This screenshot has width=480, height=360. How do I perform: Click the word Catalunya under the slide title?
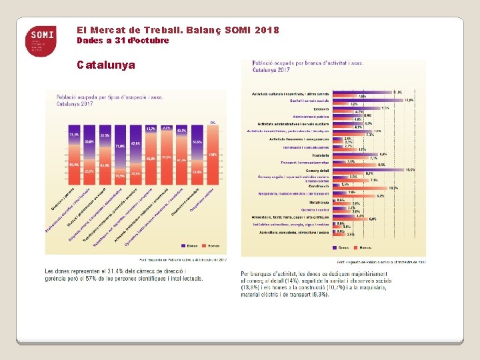tap(105, 65)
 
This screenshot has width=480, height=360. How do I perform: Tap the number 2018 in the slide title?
tap(267, 31)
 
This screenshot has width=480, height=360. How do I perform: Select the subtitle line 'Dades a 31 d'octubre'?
tap(123, 41)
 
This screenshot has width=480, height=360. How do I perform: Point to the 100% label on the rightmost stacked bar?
tap(213, 155)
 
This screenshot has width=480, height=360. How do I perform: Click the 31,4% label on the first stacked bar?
tap(74, 134)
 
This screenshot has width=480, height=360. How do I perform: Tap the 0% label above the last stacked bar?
tap(213, 122)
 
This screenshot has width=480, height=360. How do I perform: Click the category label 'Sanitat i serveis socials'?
tap(309, 101)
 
